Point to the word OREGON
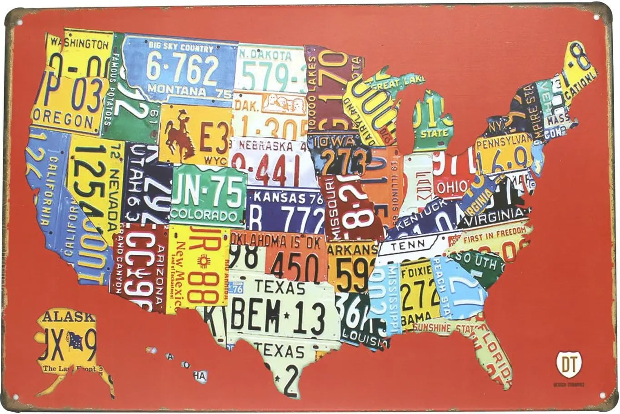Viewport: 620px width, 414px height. point(64,120)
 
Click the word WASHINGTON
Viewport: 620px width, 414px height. point(80,44)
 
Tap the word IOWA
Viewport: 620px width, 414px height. point(337,141)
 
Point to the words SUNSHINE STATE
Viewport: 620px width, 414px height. point(439,327)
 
